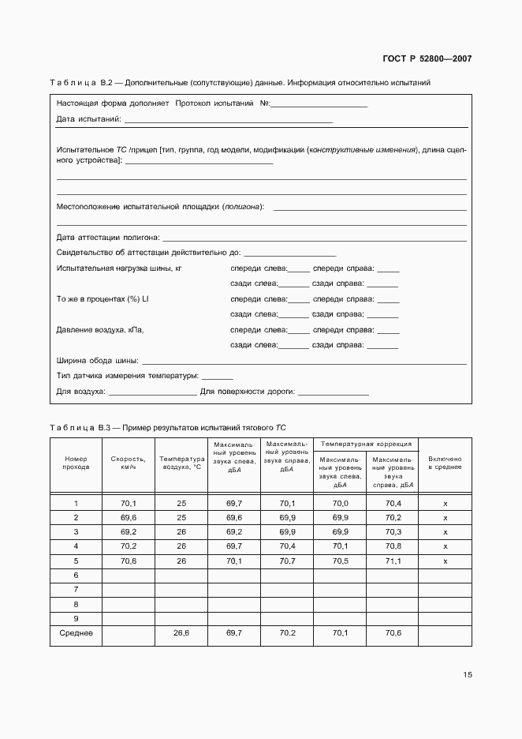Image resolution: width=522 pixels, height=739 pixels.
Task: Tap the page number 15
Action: point(468,675)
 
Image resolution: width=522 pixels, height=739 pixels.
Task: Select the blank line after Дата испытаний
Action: point(228,121)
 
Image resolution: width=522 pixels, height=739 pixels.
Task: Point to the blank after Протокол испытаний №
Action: point(319,105)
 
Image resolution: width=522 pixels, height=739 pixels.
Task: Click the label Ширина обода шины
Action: point(97,360)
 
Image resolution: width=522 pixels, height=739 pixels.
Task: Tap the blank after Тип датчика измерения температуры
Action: point(218,376)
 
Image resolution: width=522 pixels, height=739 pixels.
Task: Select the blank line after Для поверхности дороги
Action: point(334,392)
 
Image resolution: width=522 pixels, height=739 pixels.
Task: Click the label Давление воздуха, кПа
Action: point(100,330)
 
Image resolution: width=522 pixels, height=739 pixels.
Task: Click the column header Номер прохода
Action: point(76,463)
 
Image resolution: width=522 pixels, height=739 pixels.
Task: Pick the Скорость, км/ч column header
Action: point(129,463)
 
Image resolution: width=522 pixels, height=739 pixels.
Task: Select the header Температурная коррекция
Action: point(366,445)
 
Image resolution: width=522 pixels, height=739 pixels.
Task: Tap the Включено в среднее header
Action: point(445,463)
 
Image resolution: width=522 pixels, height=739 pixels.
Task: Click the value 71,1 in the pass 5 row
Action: point(392,561)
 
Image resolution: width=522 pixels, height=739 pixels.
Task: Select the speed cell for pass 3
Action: point(129,532)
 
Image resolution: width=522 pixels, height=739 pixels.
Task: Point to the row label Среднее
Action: point(76,632)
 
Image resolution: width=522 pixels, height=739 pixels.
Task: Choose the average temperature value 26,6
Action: point(181,632)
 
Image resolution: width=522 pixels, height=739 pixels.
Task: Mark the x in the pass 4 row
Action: point(445,546)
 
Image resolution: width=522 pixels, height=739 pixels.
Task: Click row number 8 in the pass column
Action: point(76,604)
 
